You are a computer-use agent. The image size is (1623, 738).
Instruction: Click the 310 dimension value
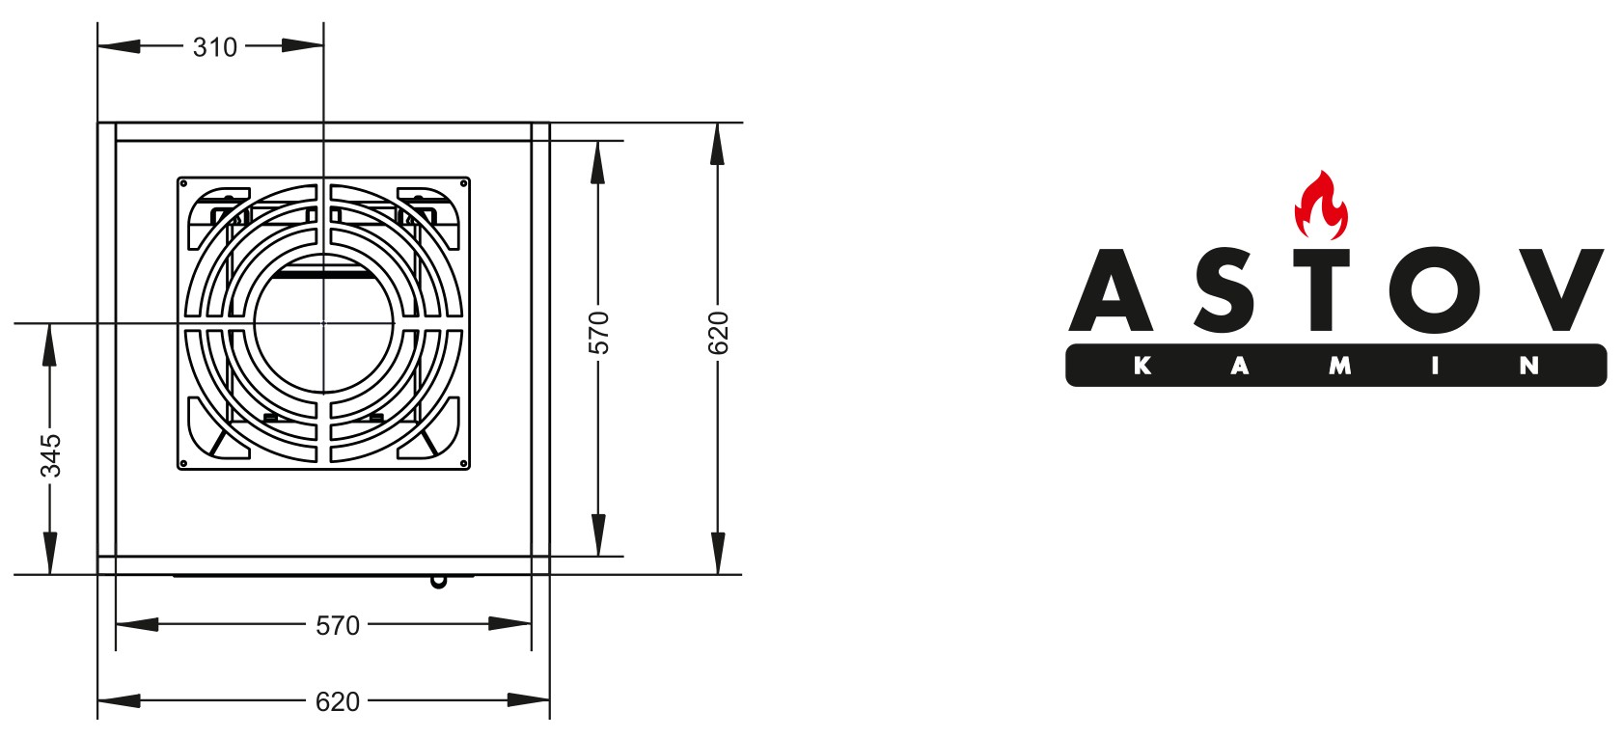[x=215, y=48]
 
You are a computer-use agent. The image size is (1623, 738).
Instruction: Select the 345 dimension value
[x=51, y=455]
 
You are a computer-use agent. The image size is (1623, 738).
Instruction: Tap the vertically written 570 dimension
[x=598, y=333]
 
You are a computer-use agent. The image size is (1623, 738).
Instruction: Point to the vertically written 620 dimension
[x=718, y=333]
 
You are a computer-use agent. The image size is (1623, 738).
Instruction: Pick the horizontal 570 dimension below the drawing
[x=338, y=626]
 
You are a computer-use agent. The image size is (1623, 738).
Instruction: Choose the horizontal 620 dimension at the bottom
[x=338, y=701]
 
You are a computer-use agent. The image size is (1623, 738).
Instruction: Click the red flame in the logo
[x=1321, y=205]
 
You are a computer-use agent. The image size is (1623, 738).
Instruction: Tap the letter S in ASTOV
[x=1224, y=289]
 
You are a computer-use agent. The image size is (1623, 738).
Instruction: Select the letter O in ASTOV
[x=1436, y=289]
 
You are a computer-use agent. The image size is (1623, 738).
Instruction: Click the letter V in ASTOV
[x=1560, y=289]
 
